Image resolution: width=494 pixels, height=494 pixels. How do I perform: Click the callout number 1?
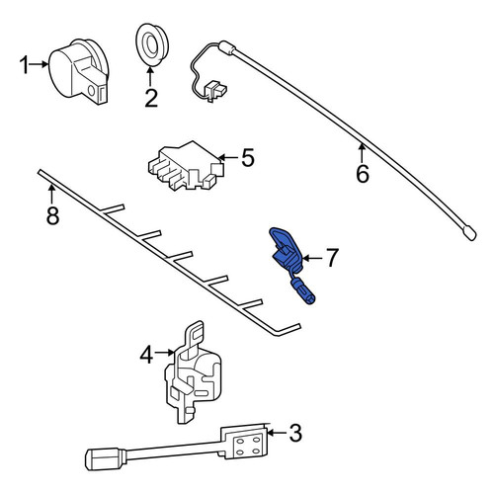24,64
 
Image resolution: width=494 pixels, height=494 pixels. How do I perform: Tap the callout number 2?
151,98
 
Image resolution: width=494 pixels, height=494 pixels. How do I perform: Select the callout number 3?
295,433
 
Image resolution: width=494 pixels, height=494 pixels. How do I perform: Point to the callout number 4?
146,355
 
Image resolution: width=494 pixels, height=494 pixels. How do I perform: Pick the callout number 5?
248,157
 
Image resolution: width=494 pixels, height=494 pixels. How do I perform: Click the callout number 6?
363,174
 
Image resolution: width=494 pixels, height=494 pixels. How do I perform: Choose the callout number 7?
332,258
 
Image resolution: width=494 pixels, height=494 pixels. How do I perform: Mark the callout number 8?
52,215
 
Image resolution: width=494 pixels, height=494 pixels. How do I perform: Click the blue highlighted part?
289,262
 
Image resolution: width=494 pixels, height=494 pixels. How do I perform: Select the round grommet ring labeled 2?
152,44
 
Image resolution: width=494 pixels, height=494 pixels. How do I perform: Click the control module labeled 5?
186,166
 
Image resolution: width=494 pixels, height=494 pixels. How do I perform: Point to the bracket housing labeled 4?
193,372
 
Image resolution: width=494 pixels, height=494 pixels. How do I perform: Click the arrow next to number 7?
312,258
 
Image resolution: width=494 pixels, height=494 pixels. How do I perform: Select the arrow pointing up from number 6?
362,153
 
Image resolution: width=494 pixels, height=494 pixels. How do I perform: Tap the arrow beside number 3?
277,433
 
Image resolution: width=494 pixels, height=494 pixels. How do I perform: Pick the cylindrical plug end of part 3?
106,459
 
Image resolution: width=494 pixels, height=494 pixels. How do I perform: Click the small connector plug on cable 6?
214,90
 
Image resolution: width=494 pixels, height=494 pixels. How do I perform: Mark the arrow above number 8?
51,195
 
